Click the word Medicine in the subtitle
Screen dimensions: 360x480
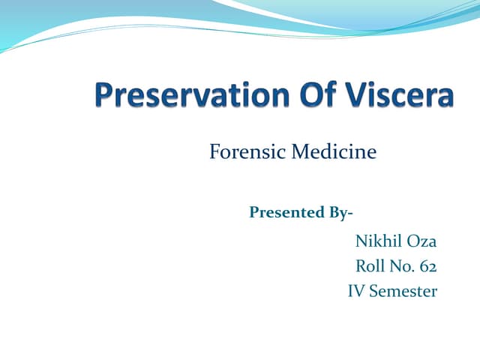[333, 153]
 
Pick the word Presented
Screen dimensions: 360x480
[286, 212]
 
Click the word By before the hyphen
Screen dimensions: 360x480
[337, 212]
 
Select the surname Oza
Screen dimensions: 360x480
[421, 241]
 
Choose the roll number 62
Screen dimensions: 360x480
[428, 266]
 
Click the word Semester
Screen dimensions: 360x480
[403, 291]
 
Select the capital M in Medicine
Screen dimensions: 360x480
[298, 153]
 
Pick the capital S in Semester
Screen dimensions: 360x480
[374, 291]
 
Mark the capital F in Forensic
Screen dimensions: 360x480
[214, 153]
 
